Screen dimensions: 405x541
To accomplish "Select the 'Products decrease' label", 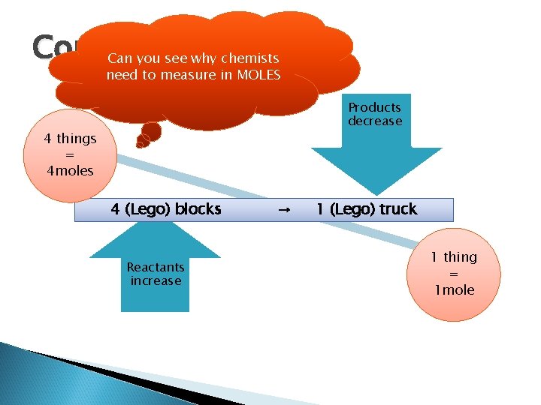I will coord(374,114).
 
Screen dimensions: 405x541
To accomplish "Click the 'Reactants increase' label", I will coord(156,274).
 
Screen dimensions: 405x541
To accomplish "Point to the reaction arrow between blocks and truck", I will coord(285,211).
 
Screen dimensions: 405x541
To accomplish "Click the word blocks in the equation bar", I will coord(198,209).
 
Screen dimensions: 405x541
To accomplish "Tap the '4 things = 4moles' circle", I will coord(70,154).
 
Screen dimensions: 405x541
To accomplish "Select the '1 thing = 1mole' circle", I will coord(453,274).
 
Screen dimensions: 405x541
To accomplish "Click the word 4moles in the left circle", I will coord(70,171).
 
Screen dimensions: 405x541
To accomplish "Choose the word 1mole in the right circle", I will coord(453,290).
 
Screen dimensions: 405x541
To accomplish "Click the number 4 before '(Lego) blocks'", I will coord(115,209).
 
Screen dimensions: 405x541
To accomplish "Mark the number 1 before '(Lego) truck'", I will coord(320,209).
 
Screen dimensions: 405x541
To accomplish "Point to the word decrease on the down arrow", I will coord(374,121).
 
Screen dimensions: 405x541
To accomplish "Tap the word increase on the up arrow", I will coord(156,281).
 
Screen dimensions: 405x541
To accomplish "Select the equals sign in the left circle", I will coord(70,154).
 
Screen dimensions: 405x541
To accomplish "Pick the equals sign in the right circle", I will coord(453,274).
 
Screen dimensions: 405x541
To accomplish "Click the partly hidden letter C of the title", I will coord(44,48).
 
